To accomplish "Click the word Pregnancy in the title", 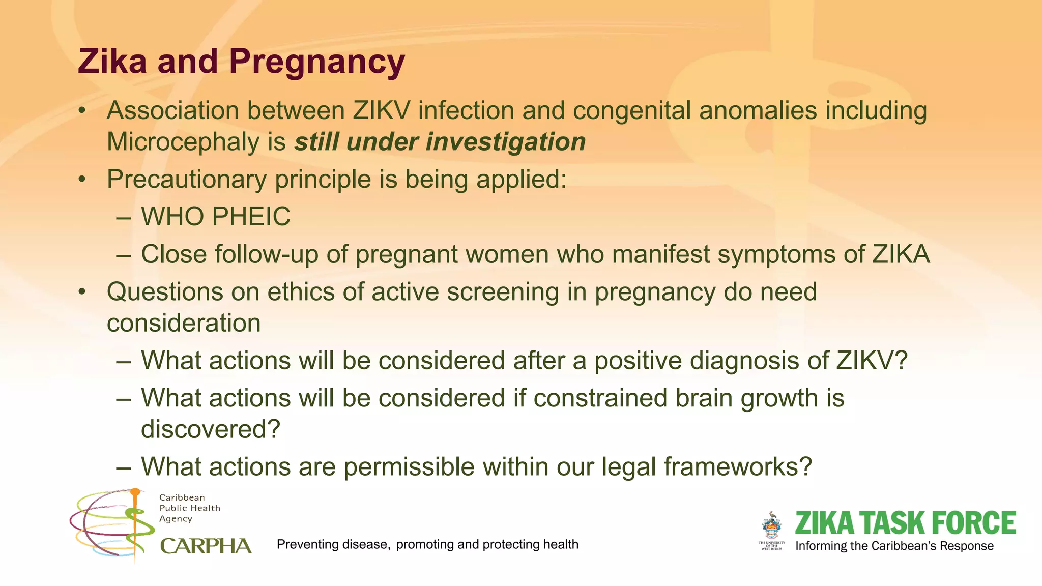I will click(316, 62).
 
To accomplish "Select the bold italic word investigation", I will click(506, 142).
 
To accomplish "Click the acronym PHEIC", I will click(251, 217).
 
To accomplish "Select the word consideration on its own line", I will click(184, 324).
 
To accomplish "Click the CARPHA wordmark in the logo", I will click(206, 546).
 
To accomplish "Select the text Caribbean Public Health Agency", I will click(189, 508).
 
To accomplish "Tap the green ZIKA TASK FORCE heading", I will click(905, 523).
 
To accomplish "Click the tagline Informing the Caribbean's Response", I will click(894, 546).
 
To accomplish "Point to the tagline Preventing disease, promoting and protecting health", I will click(427, 545).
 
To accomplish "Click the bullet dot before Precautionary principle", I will click(82, 180).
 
